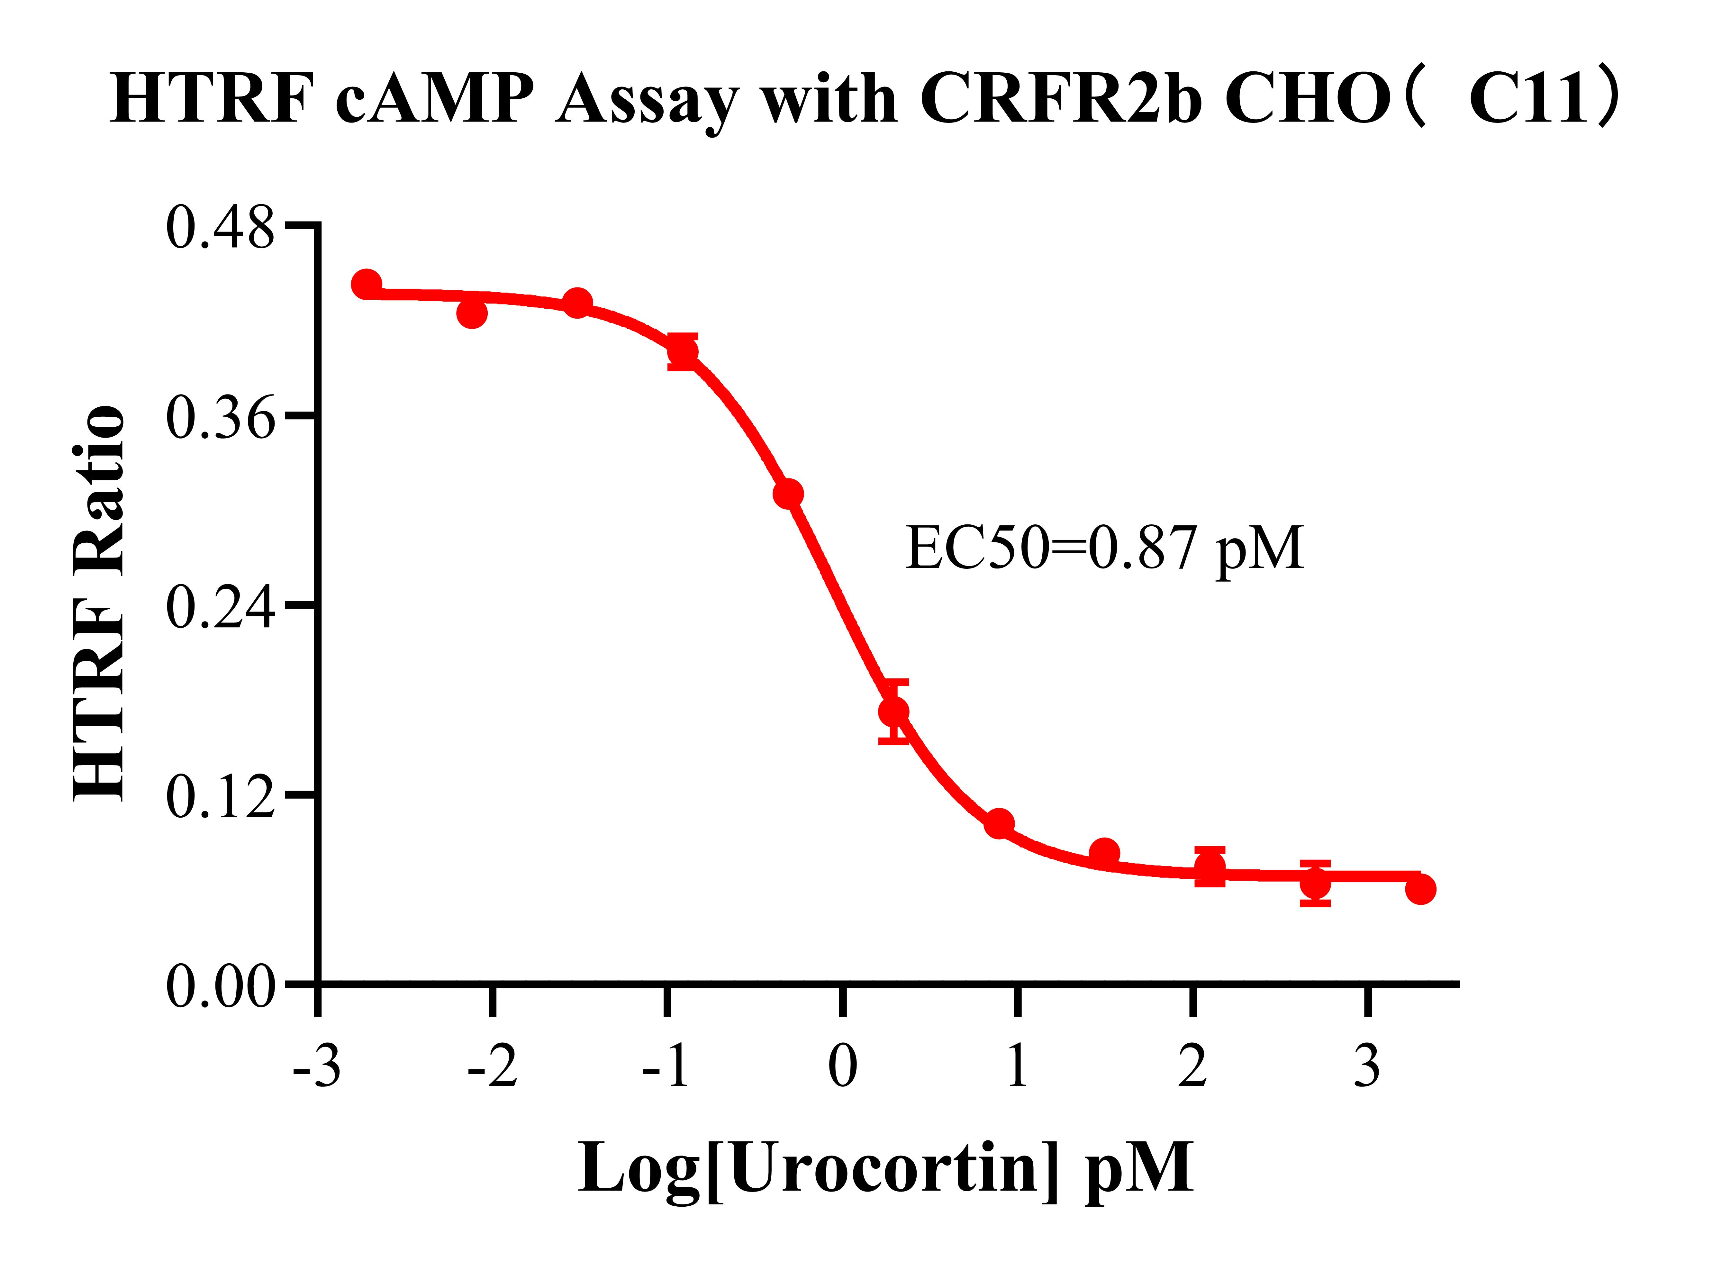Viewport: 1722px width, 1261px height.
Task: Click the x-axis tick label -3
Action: point(316,1066)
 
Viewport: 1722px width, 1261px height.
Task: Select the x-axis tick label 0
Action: point(842,1066)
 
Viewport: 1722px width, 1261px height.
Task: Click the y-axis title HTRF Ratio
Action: point(99,603)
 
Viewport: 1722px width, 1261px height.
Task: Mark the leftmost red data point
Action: point(367,284)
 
